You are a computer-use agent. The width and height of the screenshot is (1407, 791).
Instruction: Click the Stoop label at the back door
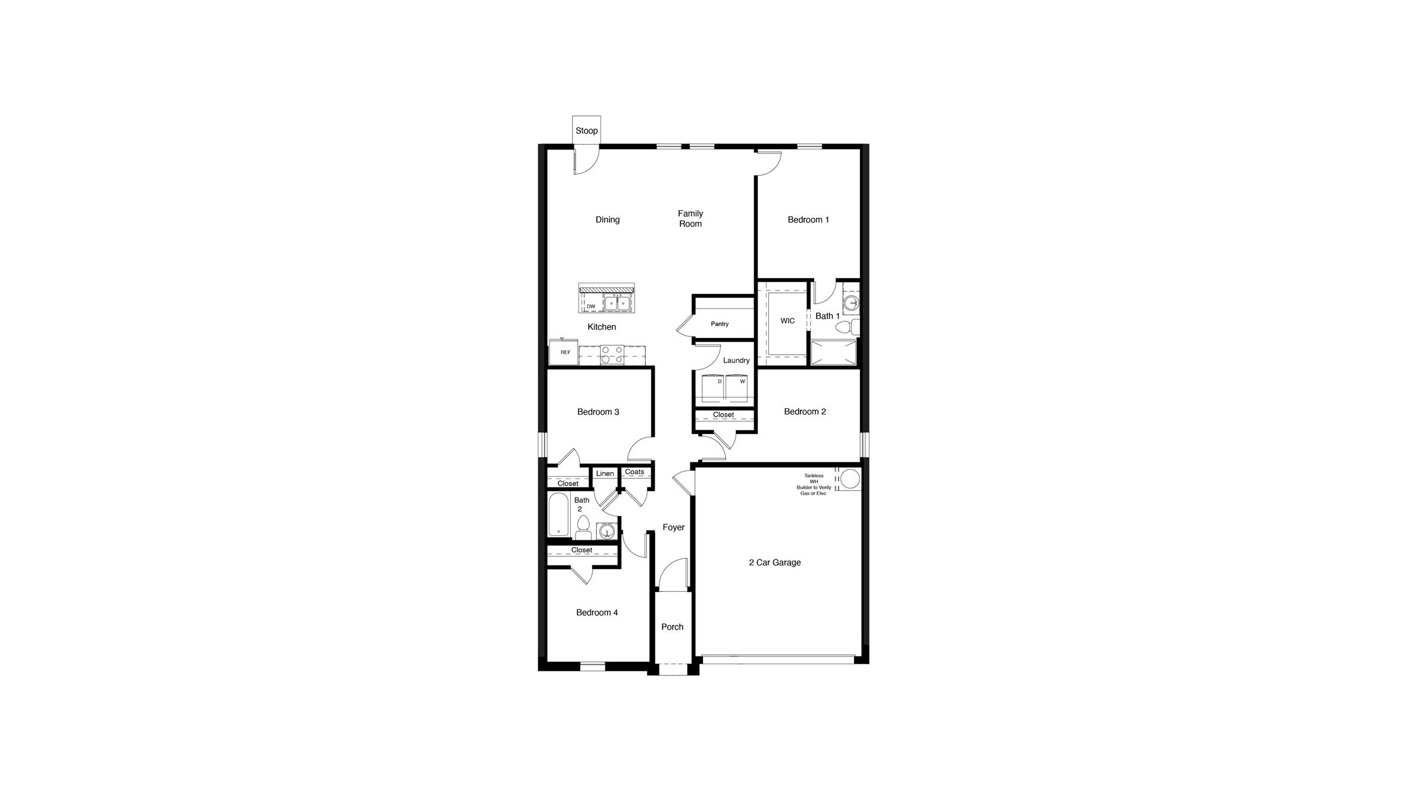pyautogui.click(x=586, y=131)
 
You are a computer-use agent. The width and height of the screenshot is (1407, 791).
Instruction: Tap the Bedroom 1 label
pyautogui.click(x=808, y=220)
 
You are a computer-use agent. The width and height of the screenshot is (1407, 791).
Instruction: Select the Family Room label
pyautogui.click(x=690, y=218)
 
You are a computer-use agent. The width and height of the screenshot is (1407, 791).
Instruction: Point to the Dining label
pyautogui.click(x=607, y=220)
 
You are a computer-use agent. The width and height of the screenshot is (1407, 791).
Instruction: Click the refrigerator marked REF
pyautogui.click(x=563, y=353)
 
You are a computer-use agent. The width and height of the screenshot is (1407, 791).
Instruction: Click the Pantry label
pyautogui.click(x=720, y=324)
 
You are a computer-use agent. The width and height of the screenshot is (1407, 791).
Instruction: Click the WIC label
pyautogui.click(x=787, y=321)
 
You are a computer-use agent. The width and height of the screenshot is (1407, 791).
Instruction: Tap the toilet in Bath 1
pyautogui.click(x=846, y=327)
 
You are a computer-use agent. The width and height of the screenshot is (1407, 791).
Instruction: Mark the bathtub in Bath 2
pyautogui.click(x=558, y=514)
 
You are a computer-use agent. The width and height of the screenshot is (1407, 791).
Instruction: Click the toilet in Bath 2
pyautogui.click(x=583, y=527)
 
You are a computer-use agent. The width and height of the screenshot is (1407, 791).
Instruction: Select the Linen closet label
pyautogui.click(x=605, y=474)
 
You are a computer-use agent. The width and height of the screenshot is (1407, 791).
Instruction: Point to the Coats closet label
pyautogui.click(x=634, y=472)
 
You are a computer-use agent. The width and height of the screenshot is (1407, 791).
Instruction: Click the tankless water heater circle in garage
pyautogui.click(x=850, y=479)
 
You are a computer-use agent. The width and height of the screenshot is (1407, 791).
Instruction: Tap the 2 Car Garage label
pyautogui.click(x=774, y=562)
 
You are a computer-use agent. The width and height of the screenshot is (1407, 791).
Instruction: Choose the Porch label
pyautogui.click(x=672, y=627)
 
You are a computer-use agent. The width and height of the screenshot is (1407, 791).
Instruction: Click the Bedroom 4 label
pyautogui.click(x=596, y=612)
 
